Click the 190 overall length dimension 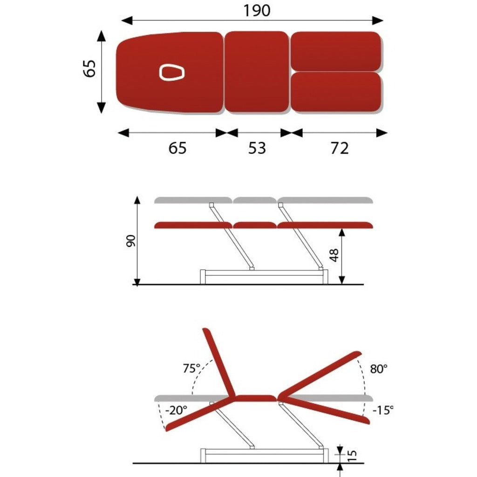click(257, 10)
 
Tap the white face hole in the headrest click(172, 72)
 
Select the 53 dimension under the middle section click(257, 148)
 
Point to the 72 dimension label click(340, 148)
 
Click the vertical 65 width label click(90, 68)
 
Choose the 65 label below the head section click(177, 148)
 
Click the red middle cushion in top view click(257, 72)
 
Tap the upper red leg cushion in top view click(336, 51)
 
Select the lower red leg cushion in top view click(336, 92)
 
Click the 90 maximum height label click(131, 241)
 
